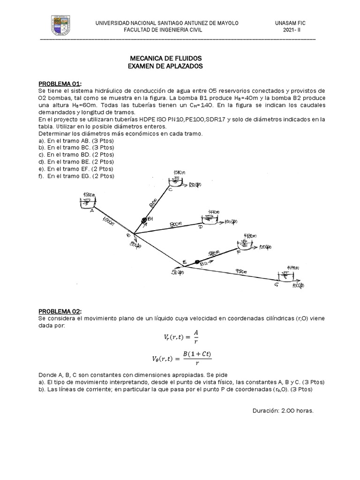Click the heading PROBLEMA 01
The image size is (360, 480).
point(60,83)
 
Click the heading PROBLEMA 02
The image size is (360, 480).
point(60,311)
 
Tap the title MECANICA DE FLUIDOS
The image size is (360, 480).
point(165,58)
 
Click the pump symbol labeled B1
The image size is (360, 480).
point(144,220)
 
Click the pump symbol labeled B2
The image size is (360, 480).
point(197,262)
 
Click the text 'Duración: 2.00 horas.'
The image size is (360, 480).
point(283,410)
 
